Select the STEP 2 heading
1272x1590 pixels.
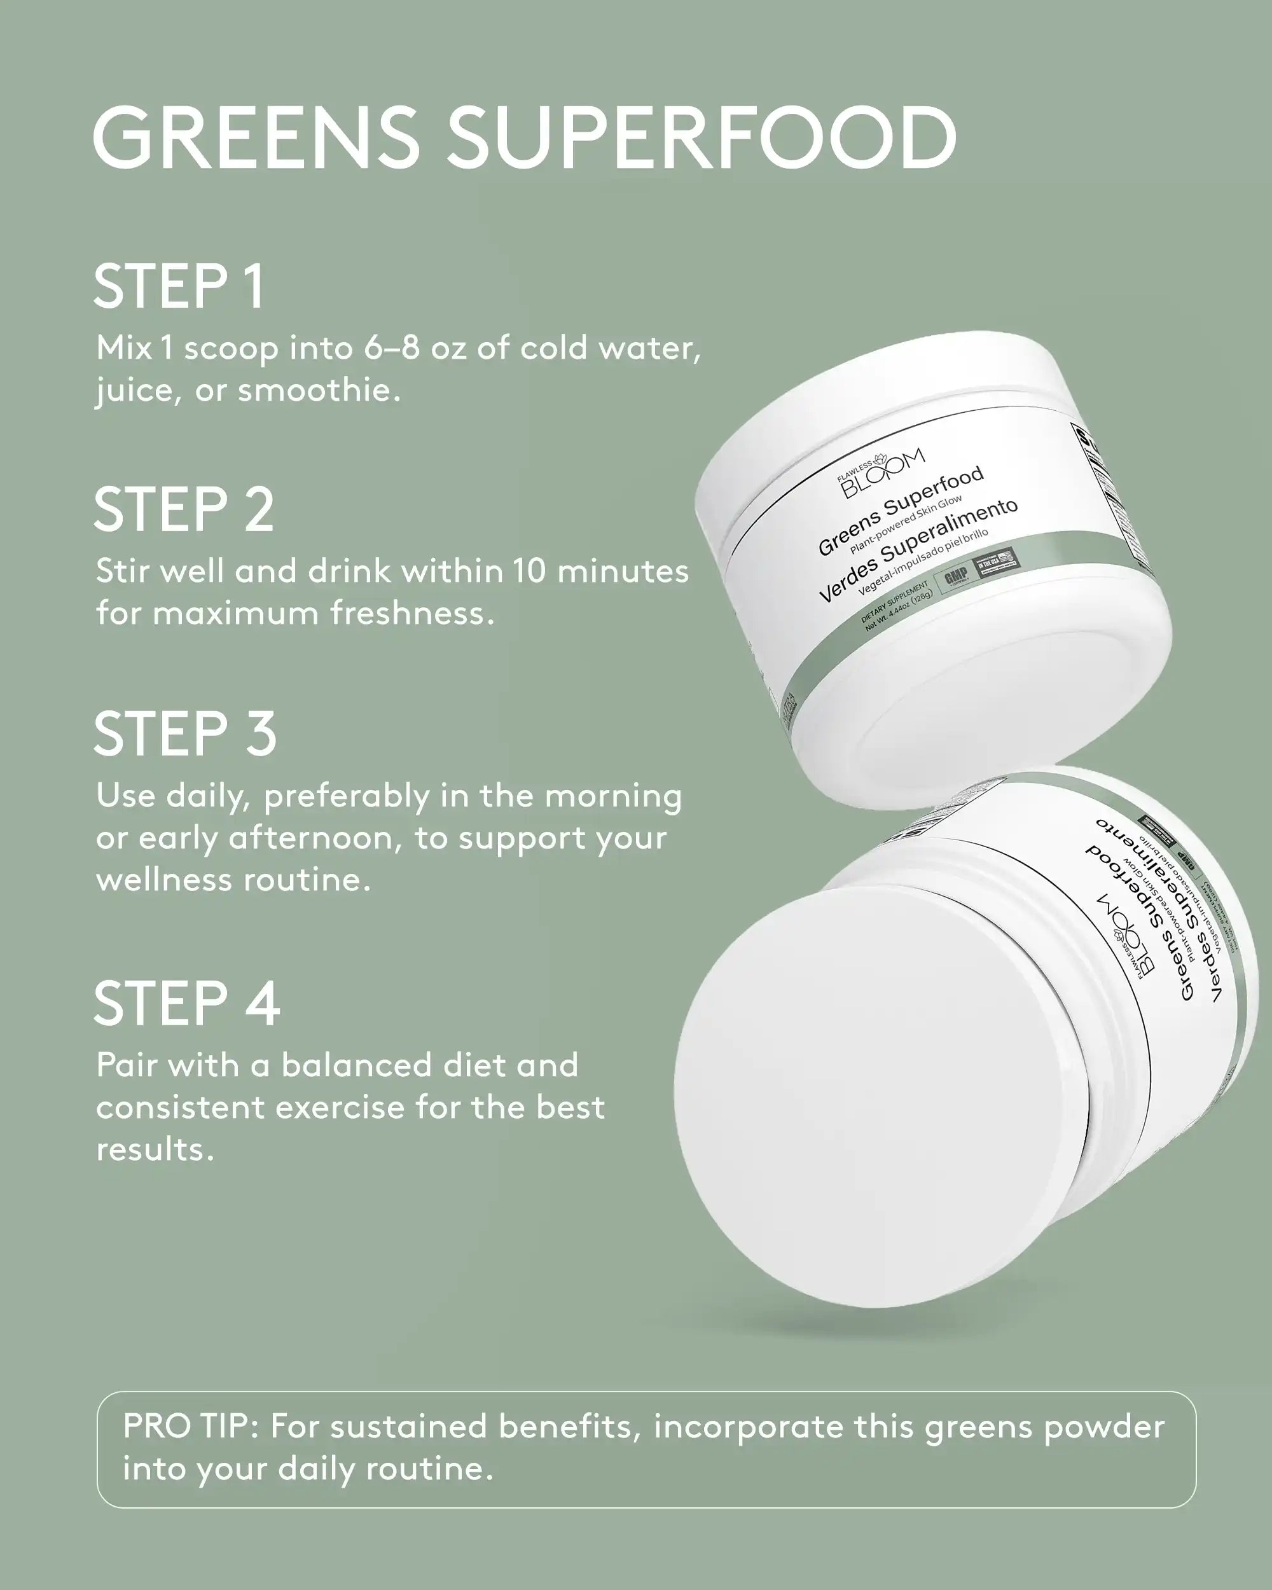pyautogui.click(x=184, y=509)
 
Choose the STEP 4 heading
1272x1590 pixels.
pyautogui.click(x=186, y=1004)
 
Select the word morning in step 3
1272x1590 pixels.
pyautogui.click(x=614, y=796)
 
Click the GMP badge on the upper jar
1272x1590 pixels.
pyautogui.click(x=956, y=577)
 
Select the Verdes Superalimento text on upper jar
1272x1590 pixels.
pyautogui.click(x=918, y=550)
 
